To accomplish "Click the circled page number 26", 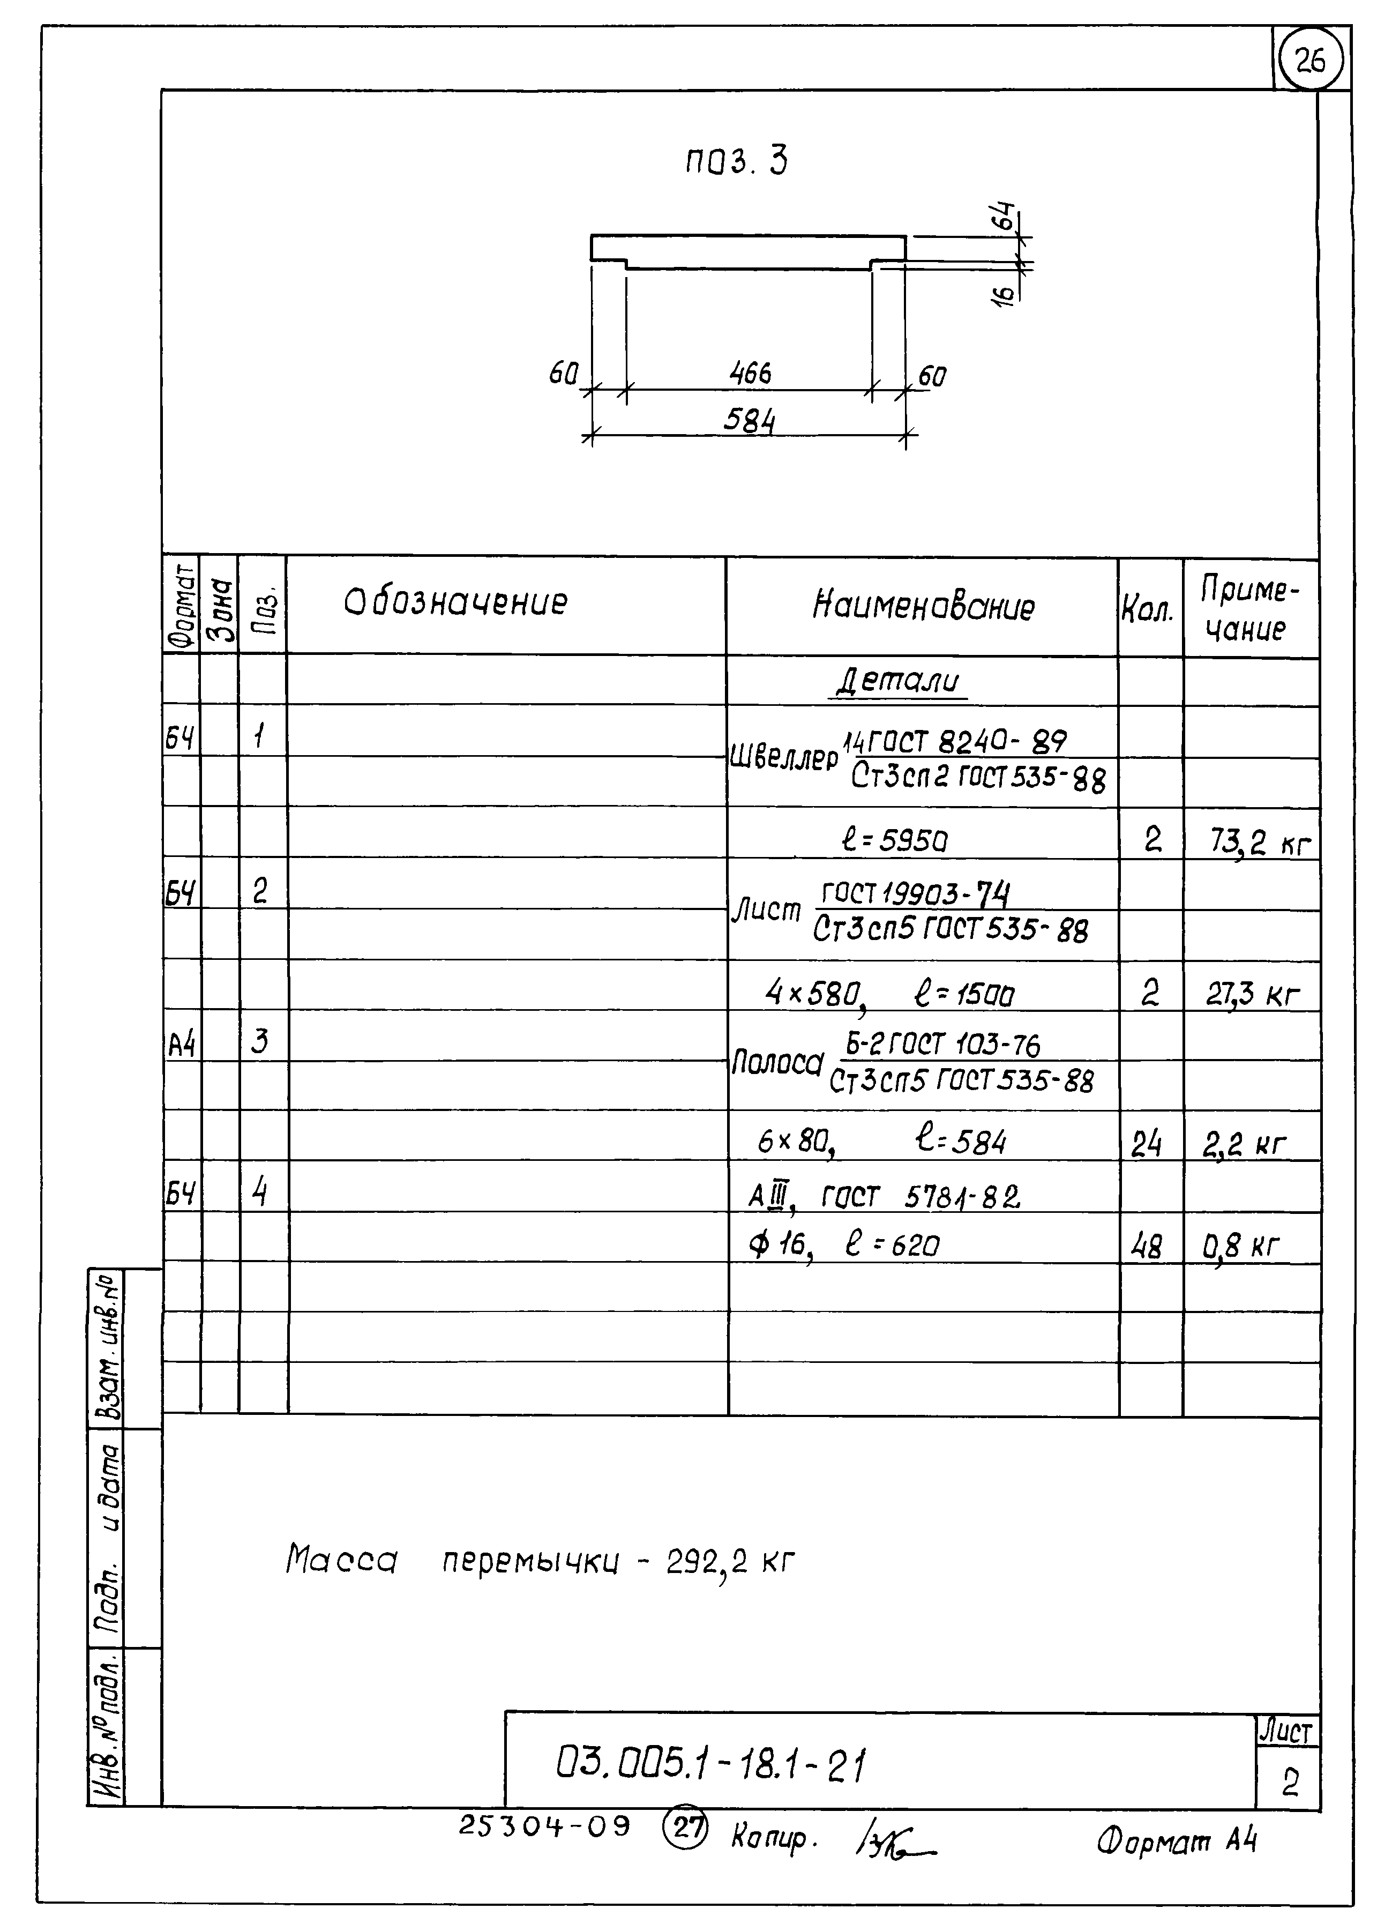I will (x=1310, y=61).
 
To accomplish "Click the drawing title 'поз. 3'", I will (x=736, y=161).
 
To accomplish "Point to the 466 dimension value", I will (x=749, y=374).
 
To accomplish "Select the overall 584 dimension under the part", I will (x=749, y=421).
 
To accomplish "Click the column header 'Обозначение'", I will (x=455, y=603).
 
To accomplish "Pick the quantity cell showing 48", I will (x=1147, y=1247).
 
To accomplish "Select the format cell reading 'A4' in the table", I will (x=181, y=1043).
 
